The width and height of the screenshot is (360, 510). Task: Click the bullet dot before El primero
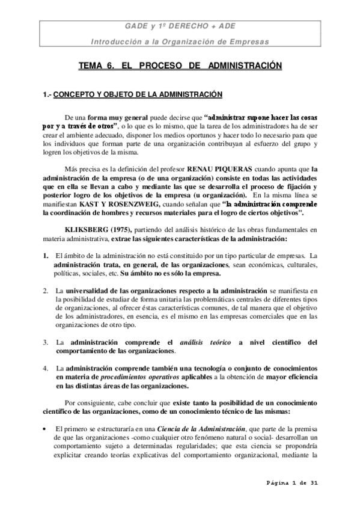coord(46,428)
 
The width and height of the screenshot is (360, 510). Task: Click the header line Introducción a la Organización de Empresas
coord(180,41)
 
